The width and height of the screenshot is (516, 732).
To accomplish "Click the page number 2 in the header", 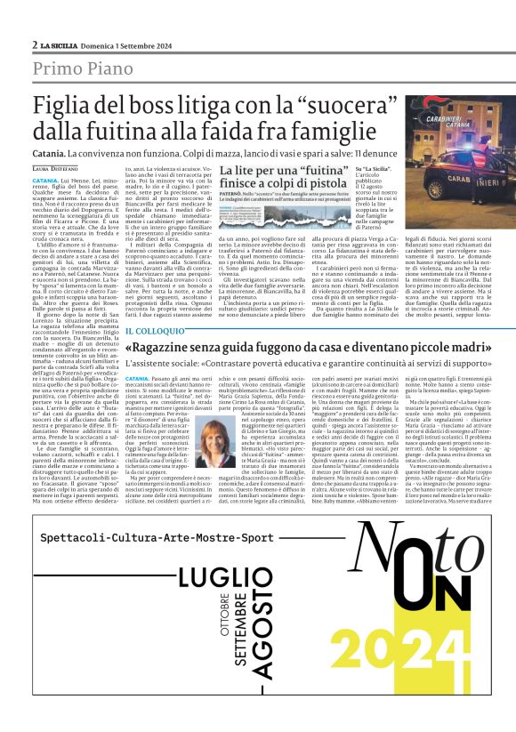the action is point(34,44).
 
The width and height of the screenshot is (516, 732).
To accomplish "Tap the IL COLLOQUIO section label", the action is point(154,331).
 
